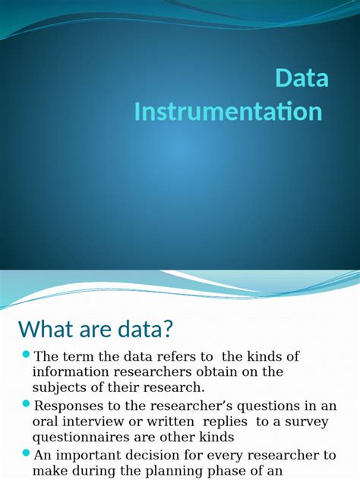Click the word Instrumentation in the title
point(228,112)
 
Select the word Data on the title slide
point(302,79)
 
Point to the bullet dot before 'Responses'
point(26,404)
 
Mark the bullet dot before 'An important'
point(26,453)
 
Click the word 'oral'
point(45,421)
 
